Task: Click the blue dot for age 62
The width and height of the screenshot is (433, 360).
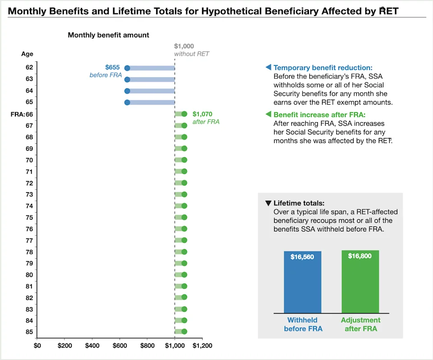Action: tap(127, 68)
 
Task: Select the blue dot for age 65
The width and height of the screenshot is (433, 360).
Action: tap(127, 102)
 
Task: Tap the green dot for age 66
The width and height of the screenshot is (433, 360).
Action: tap(184, 114)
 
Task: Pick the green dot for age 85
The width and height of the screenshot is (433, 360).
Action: tap(184, 332)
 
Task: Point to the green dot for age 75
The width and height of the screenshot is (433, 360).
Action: tap(184, 217)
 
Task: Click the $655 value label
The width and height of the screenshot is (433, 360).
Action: tap(112, 67)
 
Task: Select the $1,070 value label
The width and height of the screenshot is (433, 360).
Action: tap(203, 114)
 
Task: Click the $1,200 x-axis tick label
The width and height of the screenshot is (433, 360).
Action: tap(203, 346)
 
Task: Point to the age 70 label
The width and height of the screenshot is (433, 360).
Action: tap(29, 160)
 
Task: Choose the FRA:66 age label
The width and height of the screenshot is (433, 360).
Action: tap(22, 115)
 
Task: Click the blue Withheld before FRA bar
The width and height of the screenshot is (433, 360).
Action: tap(302, 282)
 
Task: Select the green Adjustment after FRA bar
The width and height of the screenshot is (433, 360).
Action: tap(360, 282)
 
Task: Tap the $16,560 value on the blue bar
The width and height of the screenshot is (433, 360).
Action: tap(302, 257)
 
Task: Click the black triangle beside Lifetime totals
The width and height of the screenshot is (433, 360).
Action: tap(268, 203)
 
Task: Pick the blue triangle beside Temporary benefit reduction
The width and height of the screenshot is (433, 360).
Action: tap(268, 67)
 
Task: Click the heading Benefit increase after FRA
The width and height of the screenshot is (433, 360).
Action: tap(319, 115)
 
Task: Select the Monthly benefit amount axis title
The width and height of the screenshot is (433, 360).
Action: tap(108, 35)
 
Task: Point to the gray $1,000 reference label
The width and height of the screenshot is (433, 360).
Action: tap(184, 46)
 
